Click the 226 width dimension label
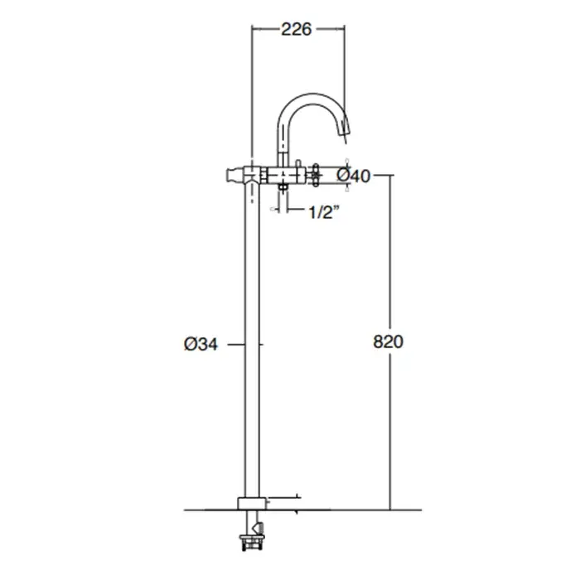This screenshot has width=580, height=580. pyautogui.click(x=297, y=29)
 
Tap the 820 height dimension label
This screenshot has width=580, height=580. pyautogui.click(x=388, y=341)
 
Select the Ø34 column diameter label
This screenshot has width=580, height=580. pyautogui.click(x=201, y=345)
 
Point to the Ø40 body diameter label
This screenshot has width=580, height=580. pyautogui.click(x=353, y=176)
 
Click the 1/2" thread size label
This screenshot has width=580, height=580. pyautogui.click(x=324, y=212)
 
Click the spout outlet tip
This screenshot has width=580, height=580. pyautogui.click(x=346, y=132)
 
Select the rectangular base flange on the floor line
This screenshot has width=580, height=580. pyautogui.click(x=252, y=504)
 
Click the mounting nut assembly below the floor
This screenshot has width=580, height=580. pyautogui.click(x=252, y=543)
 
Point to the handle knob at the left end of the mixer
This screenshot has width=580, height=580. pyautogui.click(x=232, y=176)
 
